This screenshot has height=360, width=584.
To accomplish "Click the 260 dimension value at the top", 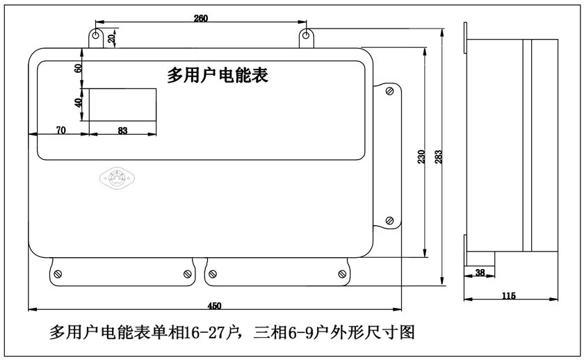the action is pyautogui.click(x=201, y=18).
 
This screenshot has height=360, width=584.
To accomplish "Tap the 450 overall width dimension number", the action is pyautogui.click(x=215, y=306).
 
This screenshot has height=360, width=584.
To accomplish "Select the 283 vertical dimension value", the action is pyautogui.click(x=439, y=157).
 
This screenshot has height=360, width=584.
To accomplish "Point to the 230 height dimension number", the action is pyautogui.click(x=421, y=157).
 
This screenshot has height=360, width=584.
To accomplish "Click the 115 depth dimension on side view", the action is pyautogui.click(x=509, y=296).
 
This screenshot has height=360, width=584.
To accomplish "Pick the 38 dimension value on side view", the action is pyautogui.click(x=480, y=272).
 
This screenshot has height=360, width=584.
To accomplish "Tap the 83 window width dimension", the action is pyautogui.click(x=122, y=131).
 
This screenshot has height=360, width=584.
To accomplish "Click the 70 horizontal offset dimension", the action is pyautogui.click(x=60, y=130).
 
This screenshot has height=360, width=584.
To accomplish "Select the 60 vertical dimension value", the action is pyautogui.click(x=78, y=69).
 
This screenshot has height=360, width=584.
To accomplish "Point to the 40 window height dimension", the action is pyautogui.click(x=78, y=103).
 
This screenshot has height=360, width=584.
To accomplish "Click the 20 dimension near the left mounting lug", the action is pyautogui.click(x=111, y=38).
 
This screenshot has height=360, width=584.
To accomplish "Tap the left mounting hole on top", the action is pyautogui.click(x=96, y=35).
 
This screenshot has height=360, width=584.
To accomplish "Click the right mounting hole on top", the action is pyautogui.click(x=306, y=35).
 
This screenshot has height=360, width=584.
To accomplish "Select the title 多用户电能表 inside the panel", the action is pyautogui.click(x=218, y=75).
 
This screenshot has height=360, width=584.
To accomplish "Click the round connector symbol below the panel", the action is pyautogui.click(x=117, y=179).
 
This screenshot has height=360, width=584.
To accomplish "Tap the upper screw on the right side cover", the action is pyautogui.click(x=389, y=91).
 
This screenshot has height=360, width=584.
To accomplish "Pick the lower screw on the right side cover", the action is pyautogui.click(x=389, y=221).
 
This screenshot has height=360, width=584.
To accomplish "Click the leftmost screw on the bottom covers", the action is pyautogui.click(x=58, y=275).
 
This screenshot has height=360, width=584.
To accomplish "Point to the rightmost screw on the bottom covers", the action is pyautogui.click(x=342, y=275).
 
